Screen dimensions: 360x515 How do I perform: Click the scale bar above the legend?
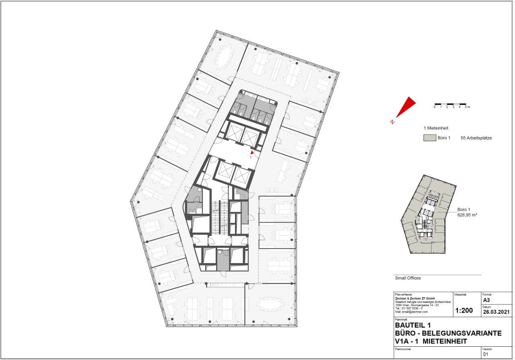450,104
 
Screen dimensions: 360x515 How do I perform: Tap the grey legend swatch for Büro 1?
429,138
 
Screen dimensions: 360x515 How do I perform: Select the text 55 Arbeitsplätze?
476,138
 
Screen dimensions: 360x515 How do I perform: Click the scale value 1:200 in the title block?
463,311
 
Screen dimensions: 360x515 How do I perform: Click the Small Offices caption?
408,278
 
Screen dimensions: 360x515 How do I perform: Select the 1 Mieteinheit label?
436,128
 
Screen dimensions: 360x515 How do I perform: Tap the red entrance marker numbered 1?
252,153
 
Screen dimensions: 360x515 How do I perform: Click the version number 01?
485,354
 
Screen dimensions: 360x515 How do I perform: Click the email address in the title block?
411,312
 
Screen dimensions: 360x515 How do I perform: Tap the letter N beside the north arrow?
392,122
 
